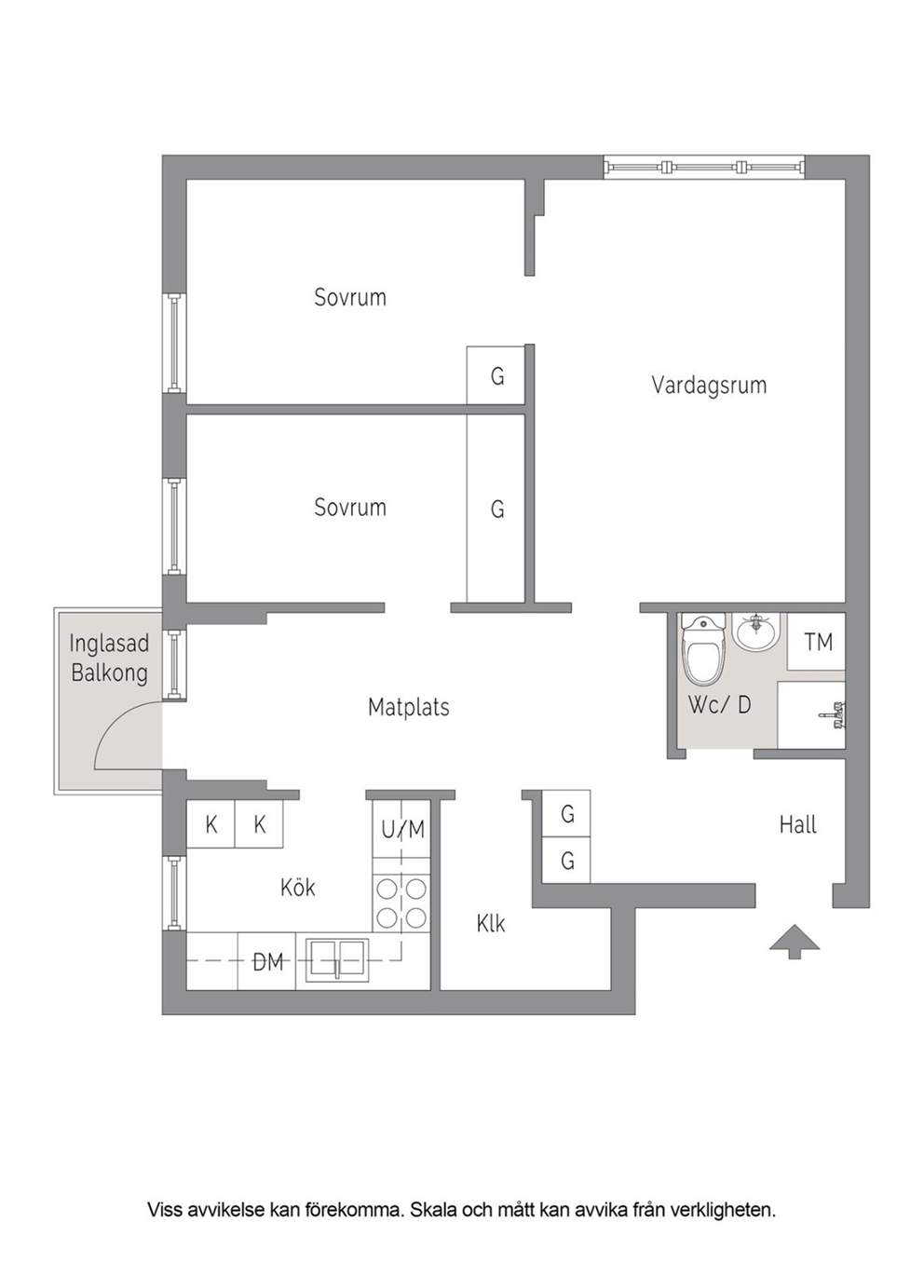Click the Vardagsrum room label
(709, 386)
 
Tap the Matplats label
(409, 707)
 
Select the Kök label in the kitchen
(298, 888)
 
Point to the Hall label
(797, 825)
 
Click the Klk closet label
(491, 924)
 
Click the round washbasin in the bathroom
(755, 632)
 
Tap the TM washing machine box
(816, 642)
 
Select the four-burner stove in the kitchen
(401, 903)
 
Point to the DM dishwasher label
(267, 962)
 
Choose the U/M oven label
(402, 829)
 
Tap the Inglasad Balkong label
(109, 658)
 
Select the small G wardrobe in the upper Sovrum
(496, 374)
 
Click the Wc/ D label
(719, 705)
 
